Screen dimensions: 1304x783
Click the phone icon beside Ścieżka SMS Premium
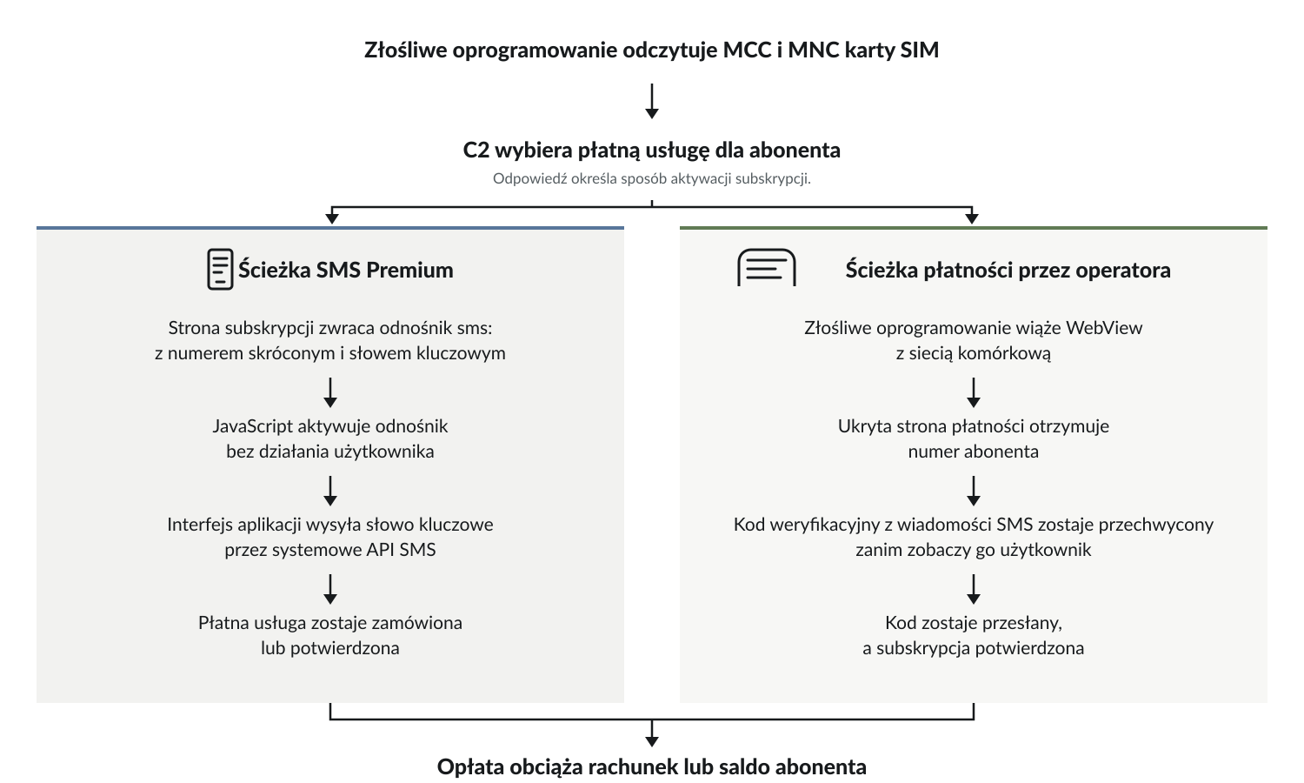click(x=220, y=269)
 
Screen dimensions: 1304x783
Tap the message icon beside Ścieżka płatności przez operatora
click(x=767, y=267)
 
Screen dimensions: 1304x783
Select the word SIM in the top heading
click(x=919, y=50)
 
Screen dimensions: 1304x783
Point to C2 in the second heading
click(x=476, y=151)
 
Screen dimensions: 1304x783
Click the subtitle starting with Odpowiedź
click(x=652, y=178)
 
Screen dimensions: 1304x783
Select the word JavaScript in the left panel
click(x=253, y=426)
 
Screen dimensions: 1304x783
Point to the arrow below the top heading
click(x=652, y=102)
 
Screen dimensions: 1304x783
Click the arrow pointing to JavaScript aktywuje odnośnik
click(x=330, y=392)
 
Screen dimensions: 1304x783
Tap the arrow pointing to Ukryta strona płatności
click(x=974, y=392)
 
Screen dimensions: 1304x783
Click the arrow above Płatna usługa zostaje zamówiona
click(x=330, y=589)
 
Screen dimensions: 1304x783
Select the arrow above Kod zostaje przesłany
click(x=974, y=589)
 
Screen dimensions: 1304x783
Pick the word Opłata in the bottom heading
click(x=469, y=766)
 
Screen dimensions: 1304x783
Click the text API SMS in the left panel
click(x=401, y=550)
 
